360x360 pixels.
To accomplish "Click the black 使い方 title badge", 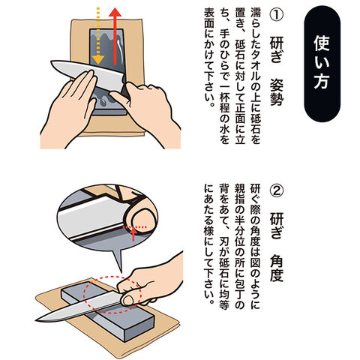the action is (x=322, y=64).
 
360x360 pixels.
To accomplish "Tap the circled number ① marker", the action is (x=277, y=14).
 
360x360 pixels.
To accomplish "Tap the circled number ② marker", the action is (x=277, y=191).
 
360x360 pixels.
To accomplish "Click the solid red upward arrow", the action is (x=115, y=36).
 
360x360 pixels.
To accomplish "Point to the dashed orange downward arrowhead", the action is (x=97, y=59).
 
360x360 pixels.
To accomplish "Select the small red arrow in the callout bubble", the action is (x=134, y=234).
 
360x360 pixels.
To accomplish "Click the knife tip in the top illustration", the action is (x=51, y=61).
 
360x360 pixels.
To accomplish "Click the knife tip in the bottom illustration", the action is (x=37, y=319).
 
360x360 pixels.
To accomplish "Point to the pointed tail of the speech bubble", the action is (x=121, y=271).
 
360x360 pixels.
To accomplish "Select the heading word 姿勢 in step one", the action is (x=277, y=91).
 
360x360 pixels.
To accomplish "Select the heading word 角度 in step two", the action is (x=277, y=268).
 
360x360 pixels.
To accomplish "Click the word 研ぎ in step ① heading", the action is (x=277, y=49).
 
